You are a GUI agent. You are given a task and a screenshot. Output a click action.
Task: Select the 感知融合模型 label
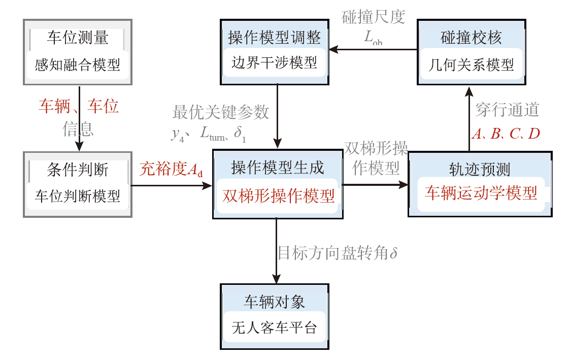tap(78, 65)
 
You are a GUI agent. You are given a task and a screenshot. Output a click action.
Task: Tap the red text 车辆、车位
tap(79, 107)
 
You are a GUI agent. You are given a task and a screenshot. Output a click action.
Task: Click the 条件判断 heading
tap(78, 170)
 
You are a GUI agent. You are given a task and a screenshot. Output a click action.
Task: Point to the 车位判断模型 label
tap(78, 196)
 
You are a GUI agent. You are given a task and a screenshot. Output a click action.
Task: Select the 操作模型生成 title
tap(277, 168)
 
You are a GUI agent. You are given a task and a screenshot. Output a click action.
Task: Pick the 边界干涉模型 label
tap(274, 62)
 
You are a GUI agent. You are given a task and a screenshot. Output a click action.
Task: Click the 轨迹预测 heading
tap(480, 168)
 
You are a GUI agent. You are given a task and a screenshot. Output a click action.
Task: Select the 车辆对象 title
tap(275, 302)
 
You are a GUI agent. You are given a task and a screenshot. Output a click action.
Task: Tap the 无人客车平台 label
tap(275, 328)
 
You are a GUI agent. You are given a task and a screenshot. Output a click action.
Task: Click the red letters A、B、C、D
tap(506, 134)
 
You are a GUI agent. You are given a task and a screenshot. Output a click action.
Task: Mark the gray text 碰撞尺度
tap(373, 17)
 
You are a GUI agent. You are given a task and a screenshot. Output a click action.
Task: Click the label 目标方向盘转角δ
tap(337, 252)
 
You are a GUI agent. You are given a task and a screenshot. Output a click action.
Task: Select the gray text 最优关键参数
tap(221, 112)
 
